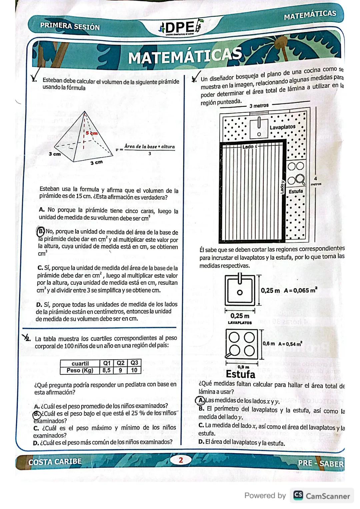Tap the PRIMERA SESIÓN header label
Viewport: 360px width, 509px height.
pos(70,26)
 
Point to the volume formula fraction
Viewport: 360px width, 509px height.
pos(149,150)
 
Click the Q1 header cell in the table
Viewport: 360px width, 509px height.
pos(107,363)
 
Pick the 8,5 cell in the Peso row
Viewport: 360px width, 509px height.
pos(107,370)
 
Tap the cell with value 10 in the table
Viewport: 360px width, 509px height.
pos(134,370)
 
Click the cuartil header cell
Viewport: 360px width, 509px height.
pos(80,363)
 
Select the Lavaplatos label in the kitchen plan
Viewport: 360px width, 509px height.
pos(282,127)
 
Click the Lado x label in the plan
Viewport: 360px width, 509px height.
pos(250,147)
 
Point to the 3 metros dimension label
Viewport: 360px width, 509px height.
pos(259,106)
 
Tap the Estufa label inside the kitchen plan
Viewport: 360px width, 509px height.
pos(296,191)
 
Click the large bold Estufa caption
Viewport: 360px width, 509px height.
pos(240,374)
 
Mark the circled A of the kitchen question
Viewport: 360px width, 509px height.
pos(201,400)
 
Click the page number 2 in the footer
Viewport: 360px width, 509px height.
pos(181,460)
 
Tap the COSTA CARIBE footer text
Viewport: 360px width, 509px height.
pos(55,462)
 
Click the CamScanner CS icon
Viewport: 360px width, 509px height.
pos(298,496)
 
